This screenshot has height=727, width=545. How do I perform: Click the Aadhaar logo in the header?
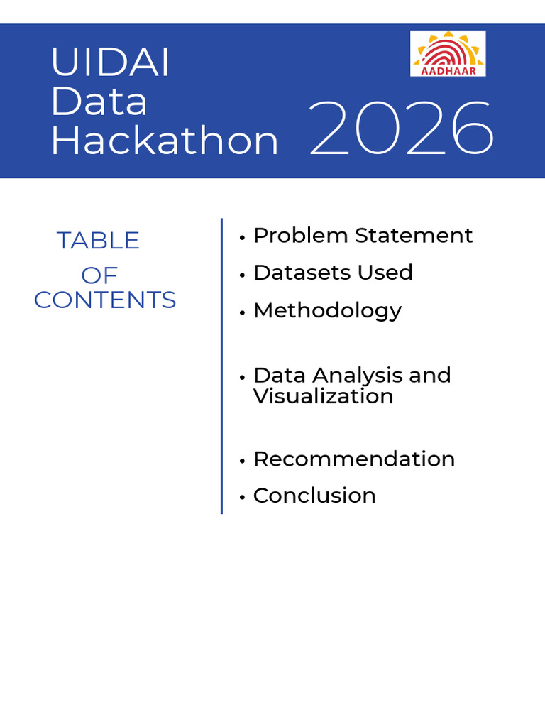448,53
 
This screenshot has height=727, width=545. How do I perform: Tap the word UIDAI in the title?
110,62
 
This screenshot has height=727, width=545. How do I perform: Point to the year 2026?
402,129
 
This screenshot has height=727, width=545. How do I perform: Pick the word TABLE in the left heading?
98,241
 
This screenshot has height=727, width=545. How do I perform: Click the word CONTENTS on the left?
105,300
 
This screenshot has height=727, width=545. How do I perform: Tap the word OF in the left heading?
99,275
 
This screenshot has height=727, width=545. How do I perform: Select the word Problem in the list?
301,235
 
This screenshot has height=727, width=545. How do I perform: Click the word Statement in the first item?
414,235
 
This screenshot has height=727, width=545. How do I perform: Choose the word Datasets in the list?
301,272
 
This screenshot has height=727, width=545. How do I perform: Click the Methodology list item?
327,311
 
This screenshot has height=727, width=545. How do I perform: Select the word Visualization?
324,396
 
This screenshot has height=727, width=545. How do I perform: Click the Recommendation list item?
354,459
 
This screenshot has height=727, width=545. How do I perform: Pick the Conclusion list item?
314,496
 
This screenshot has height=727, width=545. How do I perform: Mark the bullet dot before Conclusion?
242,498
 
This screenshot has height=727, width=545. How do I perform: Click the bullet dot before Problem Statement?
242,237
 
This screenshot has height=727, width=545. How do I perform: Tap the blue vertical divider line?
221,366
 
